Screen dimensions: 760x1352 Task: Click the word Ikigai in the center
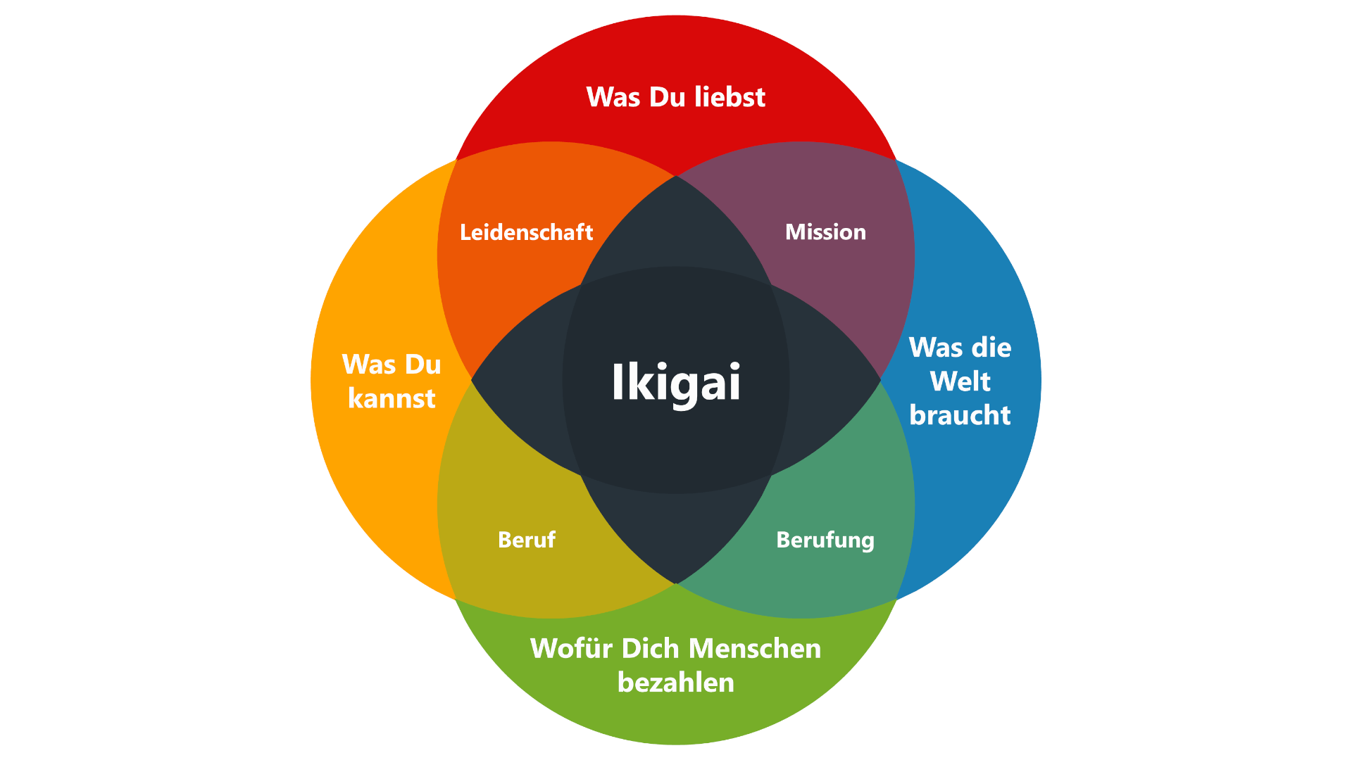point(676,382)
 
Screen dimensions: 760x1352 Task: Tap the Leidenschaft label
point(526,232)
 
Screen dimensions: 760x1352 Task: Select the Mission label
point(825,232)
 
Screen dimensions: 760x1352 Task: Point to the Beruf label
point(526,540)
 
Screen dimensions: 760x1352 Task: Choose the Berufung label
point(825,540)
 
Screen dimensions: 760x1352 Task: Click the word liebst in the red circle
point(730,97)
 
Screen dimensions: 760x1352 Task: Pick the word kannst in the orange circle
point(392,399)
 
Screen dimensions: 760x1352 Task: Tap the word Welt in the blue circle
point(960,381)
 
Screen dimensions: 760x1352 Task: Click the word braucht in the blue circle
point(960,415)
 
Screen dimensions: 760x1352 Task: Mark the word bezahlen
point(676,683)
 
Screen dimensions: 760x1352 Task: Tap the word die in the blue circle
point(992,348)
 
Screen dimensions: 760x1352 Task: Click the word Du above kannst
point(422,365)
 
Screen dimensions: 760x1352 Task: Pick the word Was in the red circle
point(613,97)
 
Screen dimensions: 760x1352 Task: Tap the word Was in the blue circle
point(936,348)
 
